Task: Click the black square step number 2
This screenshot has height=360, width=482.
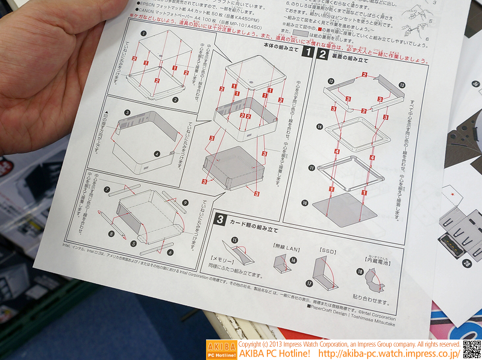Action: click(x=322, y=56)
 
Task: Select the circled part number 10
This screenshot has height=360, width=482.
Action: click(x=305, y=203)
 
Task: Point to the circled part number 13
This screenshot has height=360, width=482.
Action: click(x=402, y=86)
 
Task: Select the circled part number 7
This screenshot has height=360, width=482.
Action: click(x=106, y=190)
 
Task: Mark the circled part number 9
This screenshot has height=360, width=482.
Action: click(x=186, y=202)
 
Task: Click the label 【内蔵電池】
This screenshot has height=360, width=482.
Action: click(x=378, y=260)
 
